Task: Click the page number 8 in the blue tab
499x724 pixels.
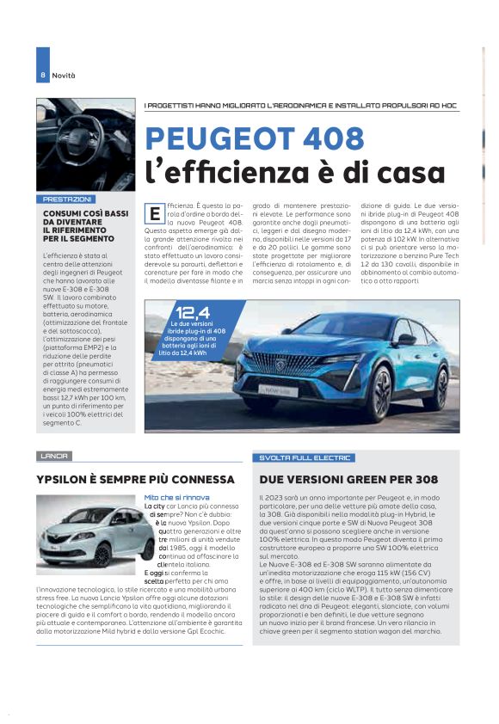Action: point(42,76)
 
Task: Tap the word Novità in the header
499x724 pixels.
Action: point(64,76)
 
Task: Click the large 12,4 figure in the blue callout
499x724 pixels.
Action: point(193,312)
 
